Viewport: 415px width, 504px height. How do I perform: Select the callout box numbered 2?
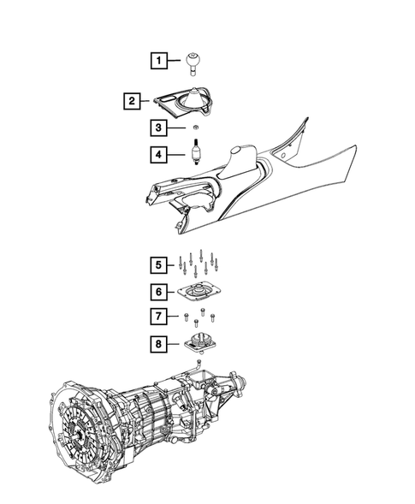tap(130, 102)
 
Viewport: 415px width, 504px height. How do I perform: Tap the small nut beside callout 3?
tap(194, 129)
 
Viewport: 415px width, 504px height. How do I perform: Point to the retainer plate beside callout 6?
tap(199, 294)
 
